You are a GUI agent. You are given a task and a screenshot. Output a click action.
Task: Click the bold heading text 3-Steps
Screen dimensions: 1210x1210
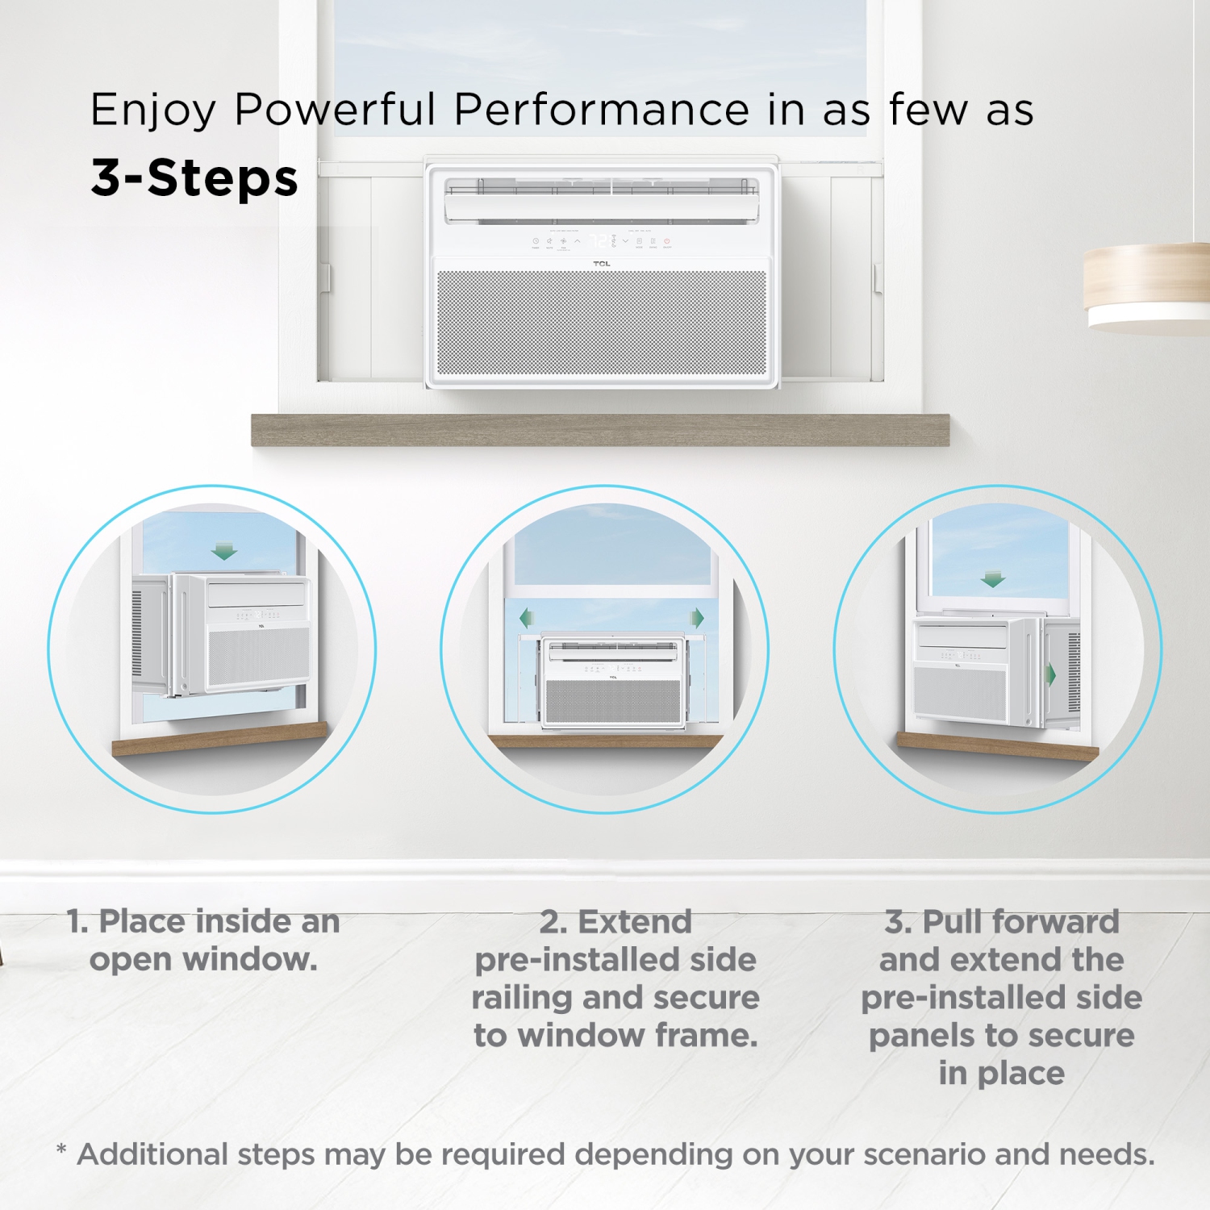pos(194,178)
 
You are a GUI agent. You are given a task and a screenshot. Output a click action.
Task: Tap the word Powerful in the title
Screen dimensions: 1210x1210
pos(335,110)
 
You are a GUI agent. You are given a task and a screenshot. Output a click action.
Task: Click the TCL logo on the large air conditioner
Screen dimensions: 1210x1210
pos(602,264)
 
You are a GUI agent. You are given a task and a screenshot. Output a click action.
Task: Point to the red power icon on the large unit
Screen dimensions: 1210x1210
pos(667,241)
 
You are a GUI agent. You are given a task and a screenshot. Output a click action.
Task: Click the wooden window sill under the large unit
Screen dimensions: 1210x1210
pos(600,430)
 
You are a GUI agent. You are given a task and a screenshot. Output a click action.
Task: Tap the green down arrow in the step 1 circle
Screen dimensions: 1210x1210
pos(224,552)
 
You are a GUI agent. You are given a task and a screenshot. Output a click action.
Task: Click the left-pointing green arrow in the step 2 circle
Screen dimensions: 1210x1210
pos(527,619)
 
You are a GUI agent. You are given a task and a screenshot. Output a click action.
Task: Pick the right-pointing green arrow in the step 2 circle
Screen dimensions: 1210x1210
pos(698,619)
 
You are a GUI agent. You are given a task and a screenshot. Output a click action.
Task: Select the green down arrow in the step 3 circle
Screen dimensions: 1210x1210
pos(993,579)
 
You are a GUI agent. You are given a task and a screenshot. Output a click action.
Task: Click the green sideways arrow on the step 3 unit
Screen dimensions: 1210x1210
pos(1051,674)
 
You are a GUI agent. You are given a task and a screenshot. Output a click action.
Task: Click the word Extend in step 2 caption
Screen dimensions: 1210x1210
pos(635,921)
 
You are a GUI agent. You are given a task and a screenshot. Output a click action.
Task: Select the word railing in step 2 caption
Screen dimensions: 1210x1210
pos(522,998)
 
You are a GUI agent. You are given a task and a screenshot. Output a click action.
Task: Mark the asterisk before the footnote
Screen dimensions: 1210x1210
pos(61,1149)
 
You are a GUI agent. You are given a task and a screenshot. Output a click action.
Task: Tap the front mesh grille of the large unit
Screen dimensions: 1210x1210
pos(602,323)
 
